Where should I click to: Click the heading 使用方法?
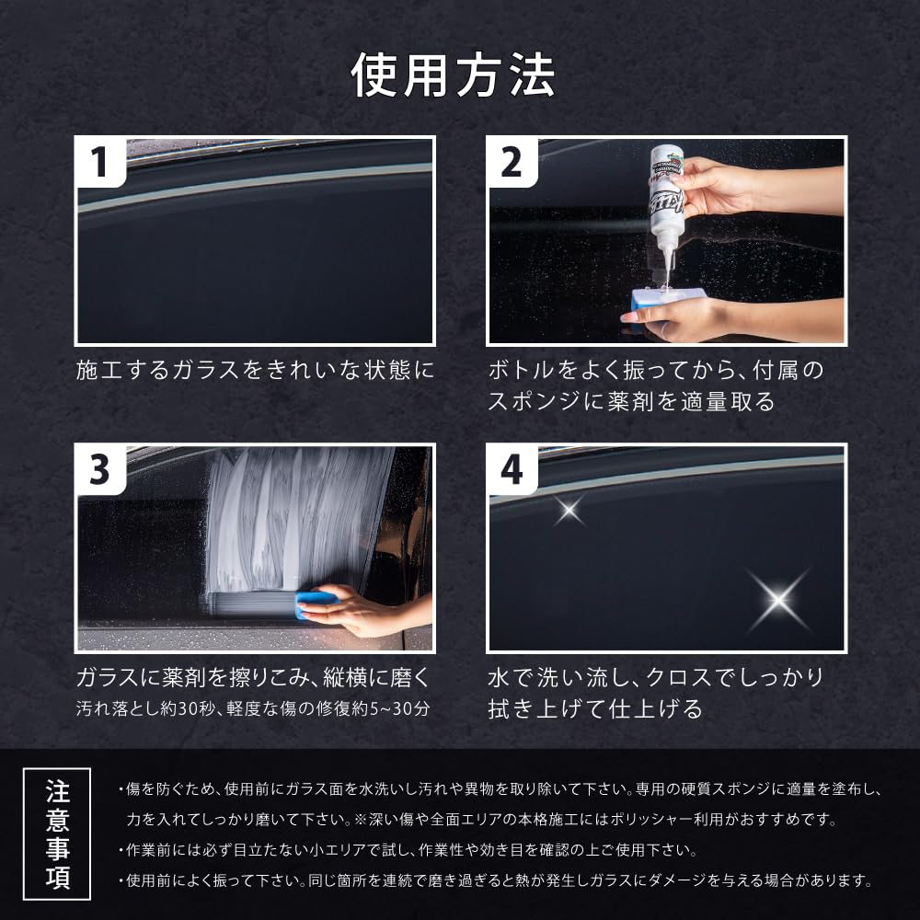coord(453,75)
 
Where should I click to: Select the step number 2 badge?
coord(512,162)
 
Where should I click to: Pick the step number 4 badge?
coord(512,469)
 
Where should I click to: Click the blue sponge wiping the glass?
coord(316,604)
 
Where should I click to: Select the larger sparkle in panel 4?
coord(778,599)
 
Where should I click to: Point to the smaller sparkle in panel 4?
coord(569,510)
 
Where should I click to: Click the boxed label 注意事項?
coord(57,834)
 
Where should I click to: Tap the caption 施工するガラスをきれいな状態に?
coord(255,370)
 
